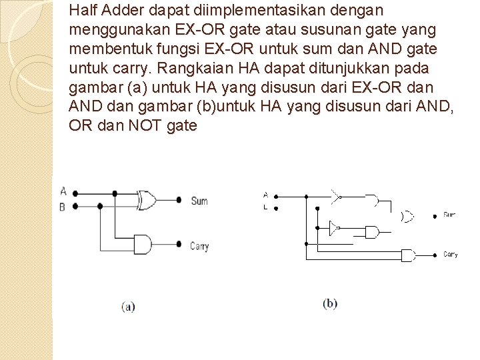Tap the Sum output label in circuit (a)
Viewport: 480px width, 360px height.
199,201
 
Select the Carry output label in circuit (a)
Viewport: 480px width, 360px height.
199,246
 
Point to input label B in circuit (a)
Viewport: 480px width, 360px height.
62,207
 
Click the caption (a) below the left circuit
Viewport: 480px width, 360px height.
128,307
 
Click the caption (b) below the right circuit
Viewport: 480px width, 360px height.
330,303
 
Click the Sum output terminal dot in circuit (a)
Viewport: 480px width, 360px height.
179,200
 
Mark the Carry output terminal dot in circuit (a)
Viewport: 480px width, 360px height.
179,245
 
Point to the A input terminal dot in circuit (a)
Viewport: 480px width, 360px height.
73,193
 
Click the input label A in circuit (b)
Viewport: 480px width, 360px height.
265,195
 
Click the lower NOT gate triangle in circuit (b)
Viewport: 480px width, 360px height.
333,228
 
